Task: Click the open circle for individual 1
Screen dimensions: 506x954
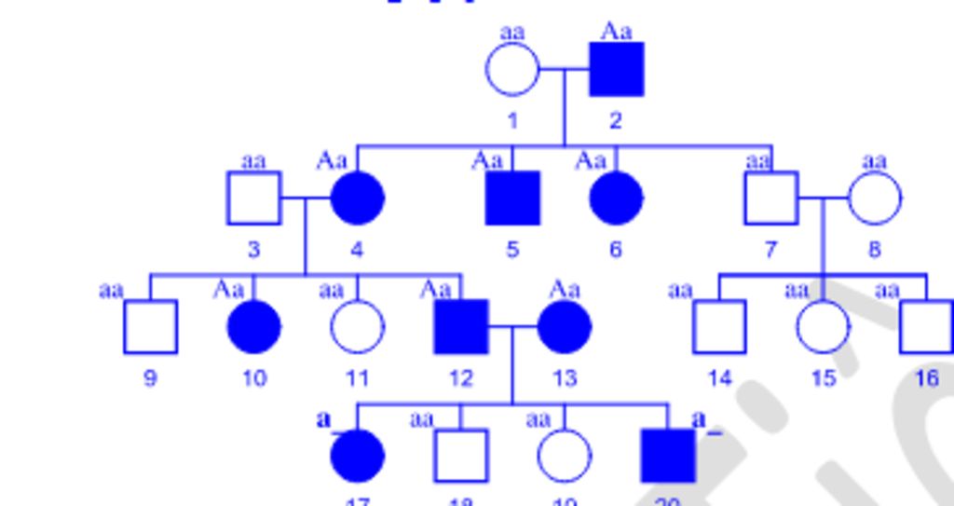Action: pos(512,69)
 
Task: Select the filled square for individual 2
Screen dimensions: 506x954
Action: pos(616,69)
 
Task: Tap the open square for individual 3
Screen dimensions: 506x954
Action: pos(253,198)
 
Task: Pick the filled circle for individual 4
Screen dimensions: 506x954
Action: pos(357,198)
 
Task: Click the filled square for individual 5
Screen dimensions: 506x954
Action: pos(512,198)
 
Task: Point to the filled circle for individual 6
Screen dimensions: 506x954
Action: pos(616,198)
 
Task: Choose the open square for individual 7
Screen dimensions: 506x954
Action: pos(770,198)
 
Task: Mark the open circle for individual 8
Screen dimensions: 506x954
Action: pos(874,198)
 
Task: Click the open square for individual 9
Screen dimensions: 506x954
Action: pos(150,327)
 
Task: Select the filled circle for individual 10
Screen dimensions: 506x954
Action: pos(253,327)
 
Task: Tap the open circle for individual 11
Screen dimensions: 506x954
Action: pos(357,327)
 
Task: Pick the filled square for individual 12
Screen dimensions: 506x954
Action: pos(460,327)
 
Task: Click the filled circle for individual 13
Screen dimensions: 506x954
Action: pos(564,327)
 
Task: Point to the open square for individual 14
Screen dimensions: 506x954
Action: pos(719,327)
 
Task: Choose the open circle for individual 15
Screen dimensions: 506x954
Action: pos(823,327)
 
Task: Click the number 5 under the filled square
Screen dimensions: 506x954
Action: pos(512,250)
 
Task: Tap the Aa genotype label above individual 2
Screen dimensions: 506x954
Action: pos(616,32)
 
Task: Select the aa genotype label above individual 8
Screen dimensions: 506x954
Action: pos(874,161)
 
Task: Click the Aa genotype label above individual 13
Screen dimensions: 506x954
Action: pos(564,290)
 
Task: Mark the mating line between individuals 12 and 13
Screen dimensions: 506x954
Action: pos(511,327)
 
